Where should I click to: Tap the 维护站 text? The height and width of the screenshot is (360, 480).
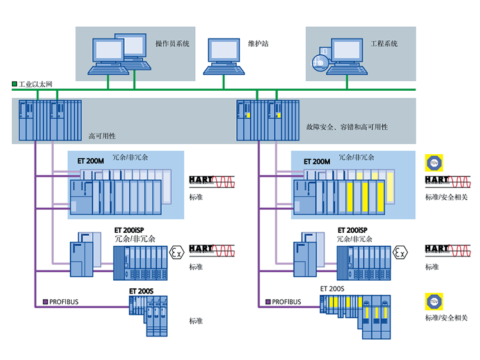tap(258, 44)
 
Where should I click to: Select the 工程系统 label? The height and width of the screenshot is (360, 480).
tap(384, 44)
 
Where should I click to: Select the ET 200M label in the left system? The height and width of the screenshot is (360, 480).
tap(90, 161)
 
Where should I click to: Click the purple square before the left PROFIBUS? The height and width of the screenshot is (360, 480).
tap(45, 301)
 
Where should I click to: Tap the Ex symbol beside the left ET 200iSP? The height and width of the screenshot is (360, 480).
tap(175, 253)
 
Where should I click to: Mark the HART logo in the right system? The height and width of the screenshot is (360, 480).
tap(437, 249)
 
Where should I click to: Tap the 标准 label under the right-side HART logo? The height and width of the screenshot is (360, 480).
tap(432, 267)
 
